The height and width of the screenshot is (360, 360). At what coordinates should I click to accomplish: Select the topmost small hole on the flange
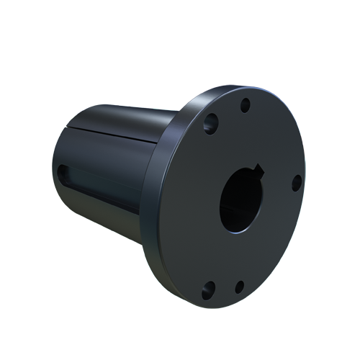[x=245, y=105]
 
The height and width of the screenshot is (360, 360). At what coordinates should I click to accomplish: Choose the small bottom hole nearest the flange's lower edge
[x=239, y=286]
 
